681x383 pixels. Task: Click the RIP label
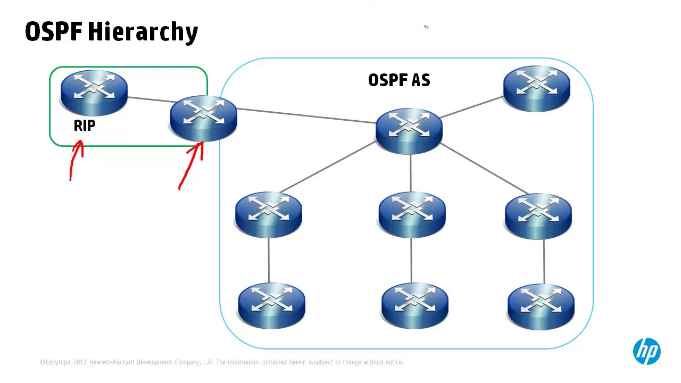coord(85,126)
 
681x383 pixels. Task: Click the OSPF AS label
coord(399,80)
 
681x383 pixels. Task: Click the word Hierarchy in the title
coord(143,32)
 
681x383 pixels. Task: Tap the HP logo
coord(646,351)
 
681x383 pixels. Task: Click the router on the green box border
coord(203,118)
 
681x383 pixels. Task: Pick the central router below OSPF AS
coord(409,130)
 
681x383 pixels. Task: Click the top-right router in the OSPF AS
coord(536,88)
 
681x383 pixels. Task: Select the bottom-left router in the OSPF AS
coord(271,304)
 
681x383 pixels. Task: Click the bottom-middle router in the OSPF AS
coord(414,304)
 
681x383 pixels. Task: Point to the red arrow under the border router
coord(193,165)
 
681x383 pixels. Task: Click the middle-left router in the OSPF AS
coord(268,214)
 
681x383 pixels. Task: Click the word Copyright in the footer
coord(58,362)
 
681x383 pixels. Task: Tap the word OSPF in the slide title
coord(54,32)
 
